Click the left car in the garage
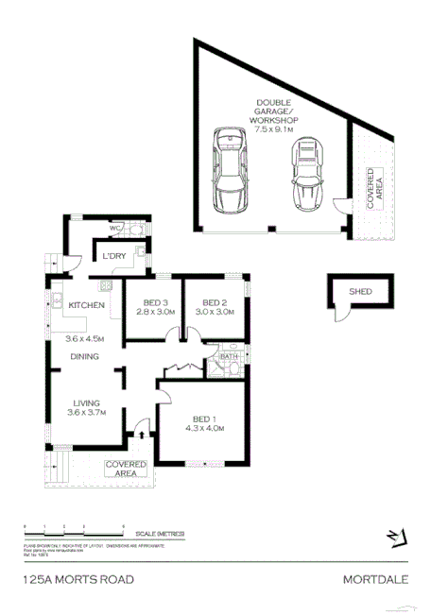pyautogui.click(x=230, y=172)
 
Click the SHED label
pyautogui.click(x=360, y=292)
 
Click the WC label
pyautogui.click(x=112, y=229)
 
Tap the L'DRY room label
pyautogui.click(x=116, y=257)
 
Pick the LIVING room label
pyautogui.click(x=85, y=402)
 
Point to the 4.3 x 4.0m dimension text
pyautogui.click(x=207, y=428)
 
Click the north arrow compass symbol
pyautogui.click(x=398, y=537)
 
